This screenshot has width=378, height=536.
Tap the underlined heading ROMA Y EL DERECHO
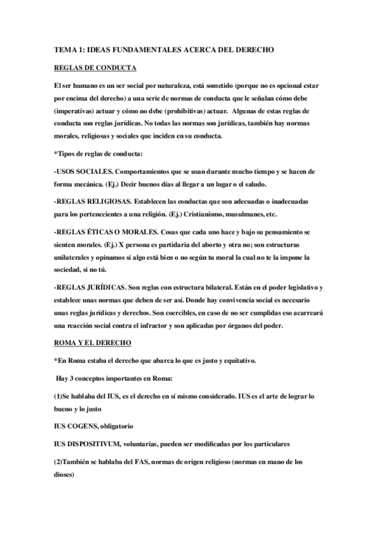tap(93, 342)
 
